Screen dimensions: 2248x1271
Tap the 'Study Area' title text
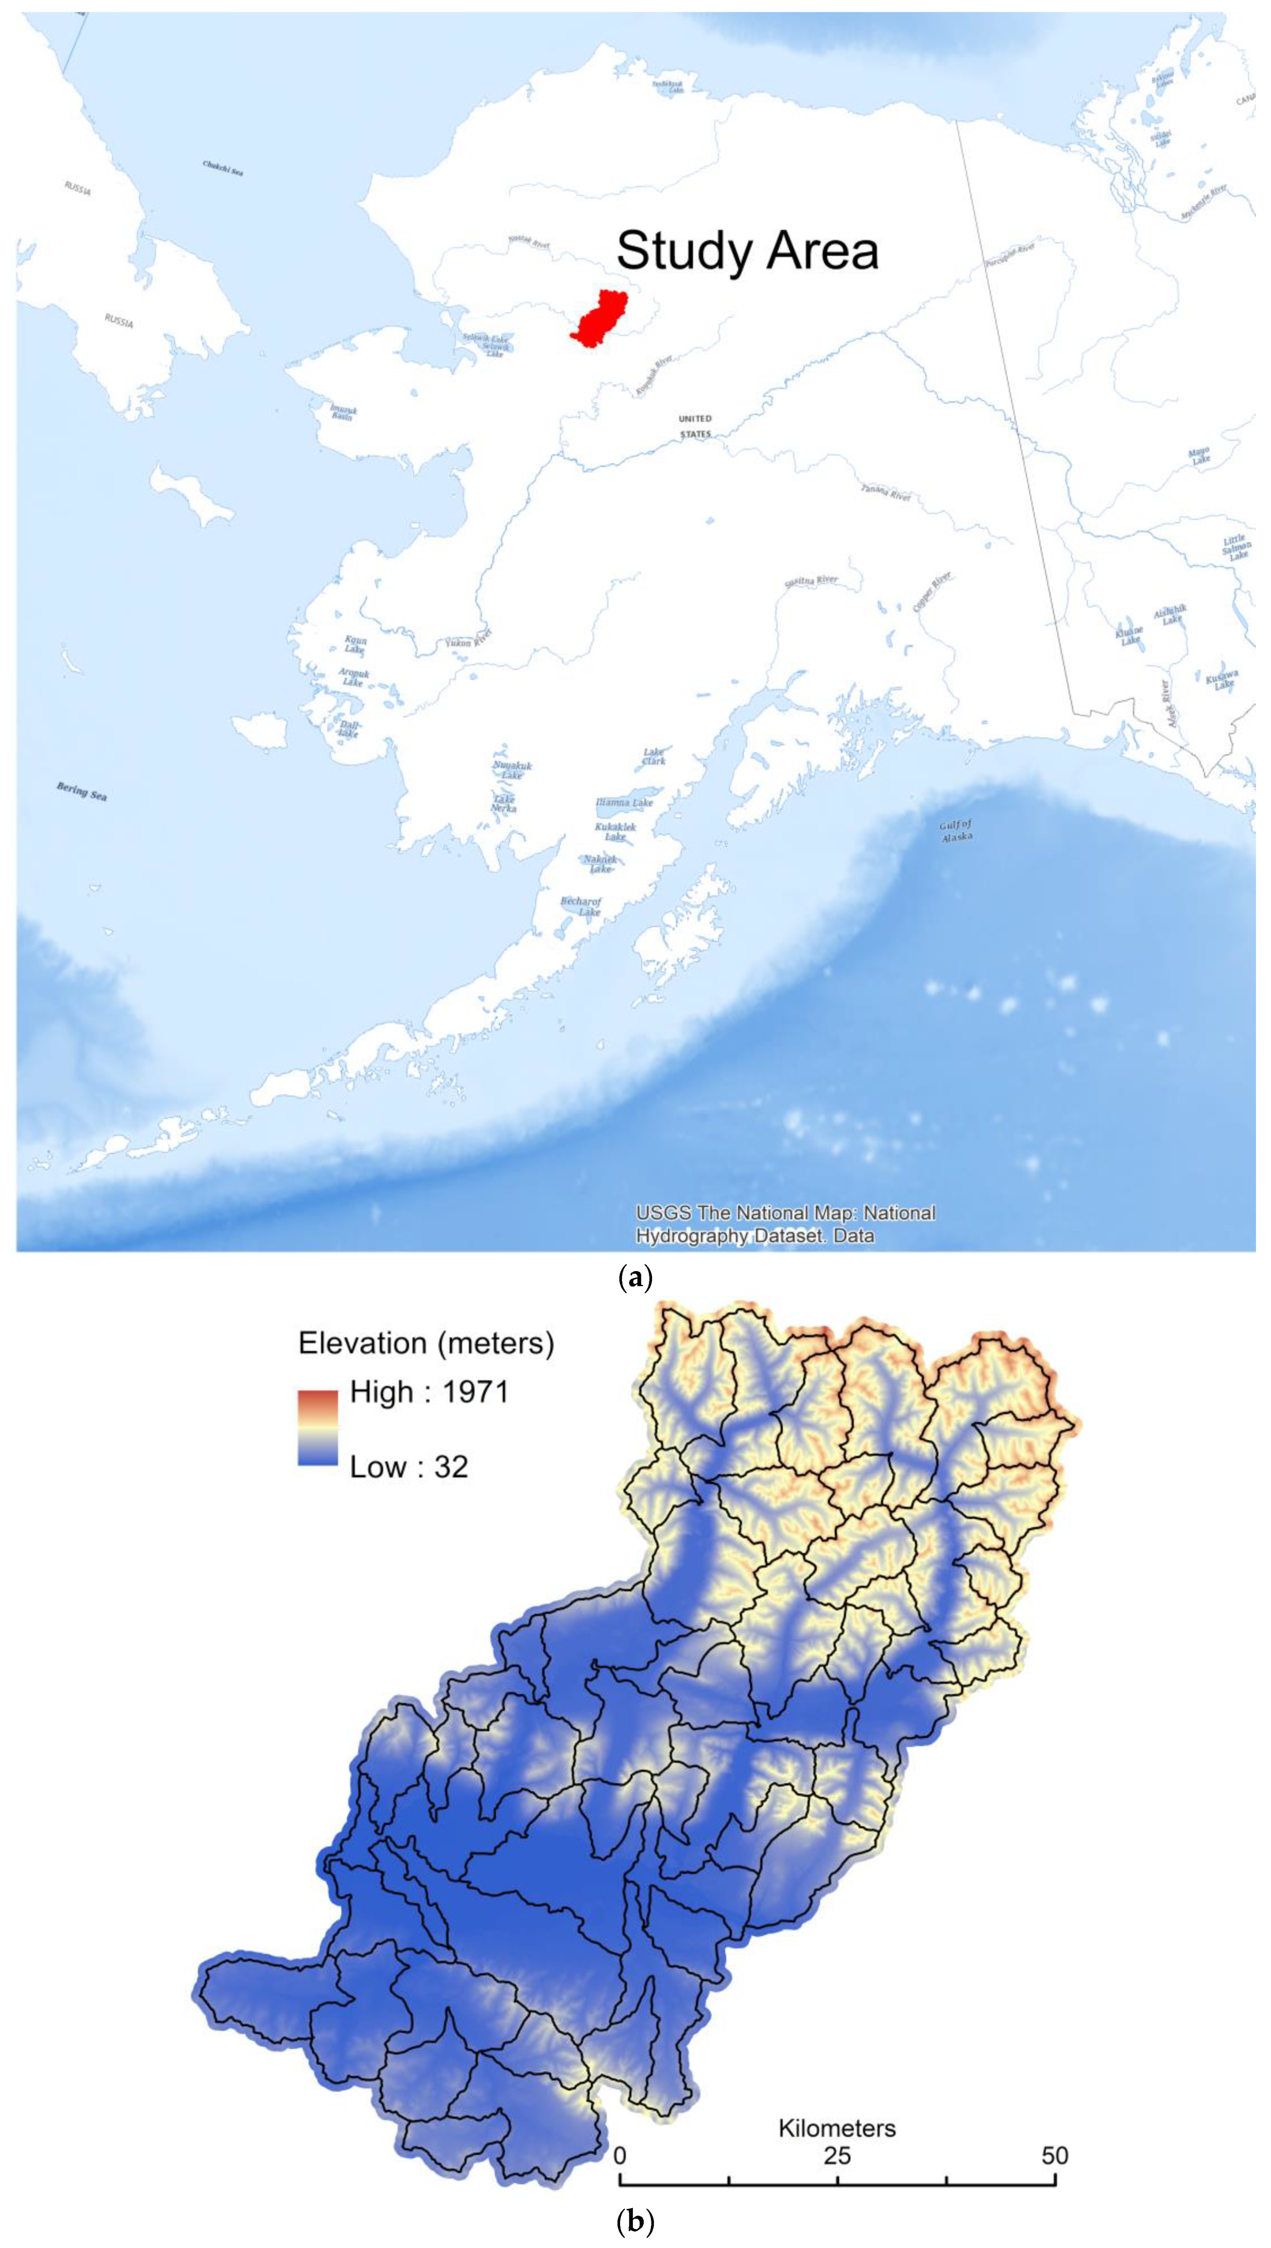click(x=747, y=251)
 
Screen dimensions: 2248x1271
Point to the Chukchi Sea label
click(x=223, y=167)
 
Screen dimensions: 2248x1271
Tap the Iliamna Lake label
click(x=624, y=802)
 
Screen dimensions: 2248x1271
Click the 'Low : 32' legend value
click(x=408, y=1467)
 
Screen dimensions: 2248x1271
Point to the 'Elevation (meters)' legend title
click(x=426, y=1342)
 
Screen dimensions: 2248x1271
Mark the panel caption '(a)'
click(x=635, y=1279)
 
